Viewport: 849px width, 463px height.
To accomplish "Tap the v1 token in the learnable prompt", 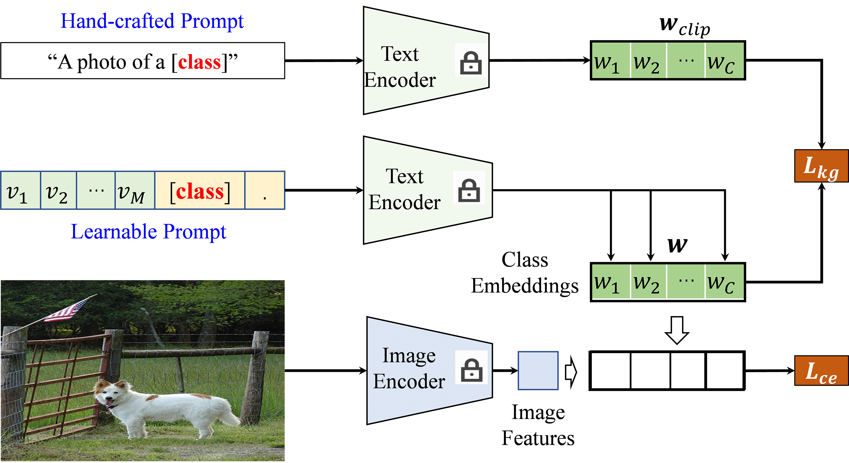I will [x=20, y=190].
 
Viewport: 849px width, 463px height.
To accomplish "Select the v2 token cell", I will [x=58, y=190].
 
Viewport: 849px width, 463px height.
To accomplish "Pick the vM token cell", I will [x=134, y=190].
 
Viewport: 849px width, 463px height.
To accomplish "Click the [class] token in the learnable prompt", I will [x=200, y=190].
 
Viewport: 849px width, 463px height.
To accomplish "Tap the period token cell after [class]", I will [x=264, y=190].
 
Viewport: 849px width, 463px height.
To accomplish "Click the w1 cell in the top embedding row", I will [x=610, y=60].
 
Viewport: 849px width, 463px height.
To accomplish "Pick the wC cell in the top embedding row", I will [x=724, y=60].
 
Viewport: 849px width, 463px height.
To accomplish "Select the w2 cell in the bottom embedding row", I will [x=648, y=282].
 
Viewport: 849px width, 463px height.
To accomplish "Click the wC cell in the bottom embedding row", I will [x=724, y=282].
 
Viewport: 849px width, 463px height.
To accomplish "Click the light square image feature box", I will [x=538, y=370].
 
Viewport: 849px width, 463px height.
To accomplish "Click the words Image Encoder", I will [x=409, y=368].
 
